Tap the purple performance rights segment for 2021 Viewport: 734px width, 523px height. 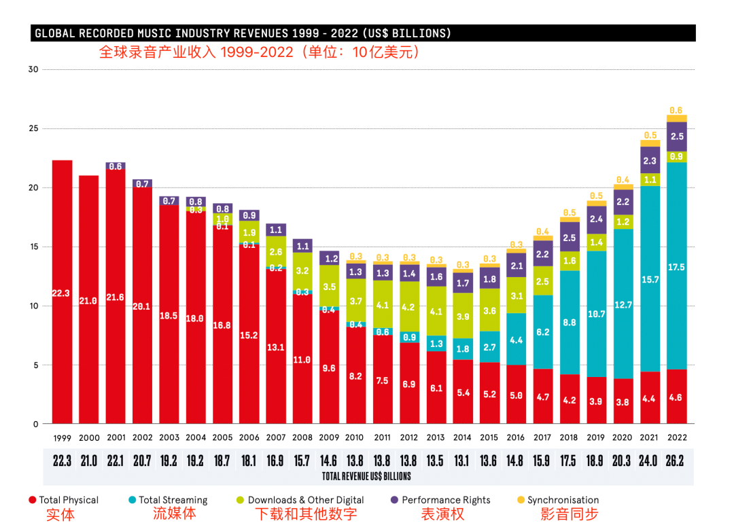coord(650,160)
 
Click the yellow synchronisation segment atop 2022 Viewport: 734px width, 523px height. coord(676,118)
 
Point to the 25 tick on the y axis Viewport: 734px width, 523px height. coord(33,128)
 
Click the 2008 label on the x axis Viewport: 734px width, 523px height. coord(302,437)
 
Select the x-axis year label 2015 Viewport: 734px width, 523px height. coord(489,437)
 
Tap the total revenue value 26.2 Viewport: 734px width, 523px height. coord(676,461)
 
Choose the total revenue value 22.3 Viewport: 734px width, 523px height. coord(62,461)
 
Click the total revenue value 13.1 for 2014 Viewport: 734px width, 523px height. coord(462,461)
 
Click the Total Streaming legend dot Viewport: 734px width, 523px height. coord(133,500)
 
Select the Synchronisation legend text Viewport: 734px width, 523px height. coord(563,500)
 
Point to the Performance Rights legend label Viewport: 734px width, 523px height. coord(446,500)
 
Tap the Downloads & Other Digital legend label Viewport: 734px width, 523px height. coord(306,500)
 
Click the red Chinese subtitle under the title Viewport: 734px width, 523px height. coord(259,52)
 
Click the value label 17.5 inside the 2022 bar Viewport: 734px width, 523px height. coord(676,268)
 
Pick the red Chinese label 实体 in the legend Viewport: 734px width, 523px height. coord(60,514)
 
